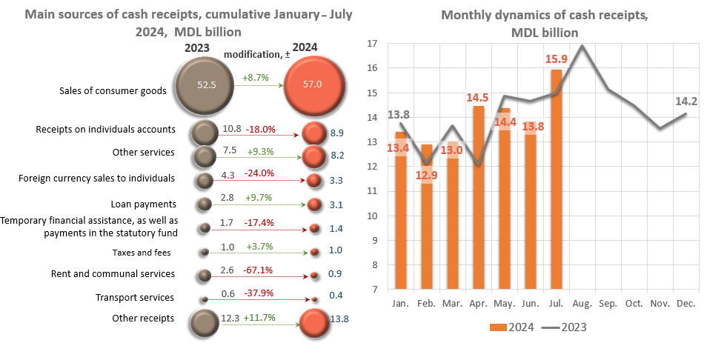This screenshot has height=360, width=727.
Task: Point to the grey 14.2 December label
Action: (x=685, y=102)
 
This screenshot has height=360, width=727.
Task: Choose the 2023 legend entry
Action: (x=570, y=326)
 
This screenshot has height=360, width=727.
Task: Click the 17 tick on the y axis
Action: (x=373, y=44)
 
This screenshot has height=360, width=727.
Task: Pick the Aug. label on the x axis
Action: (x=582, y=303)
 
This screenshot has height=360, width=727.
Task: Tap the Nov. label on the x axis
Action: (x=659, y=303)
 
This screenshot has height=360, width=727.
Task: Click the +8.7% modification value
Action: (x=257, y=76)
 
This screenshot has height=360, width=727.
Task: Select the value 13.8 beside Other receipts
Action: (x=339, y=319)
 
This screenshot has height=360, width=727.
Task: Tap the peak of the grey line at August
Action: (x=582, y=46)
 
